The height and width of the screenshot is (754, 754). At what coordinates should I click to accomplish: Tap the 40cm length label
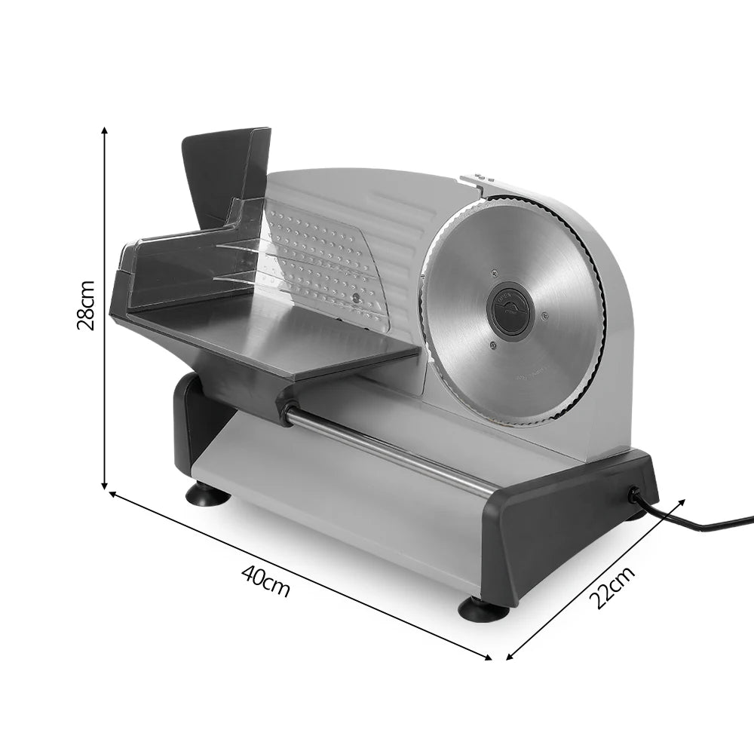[265, 581]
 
